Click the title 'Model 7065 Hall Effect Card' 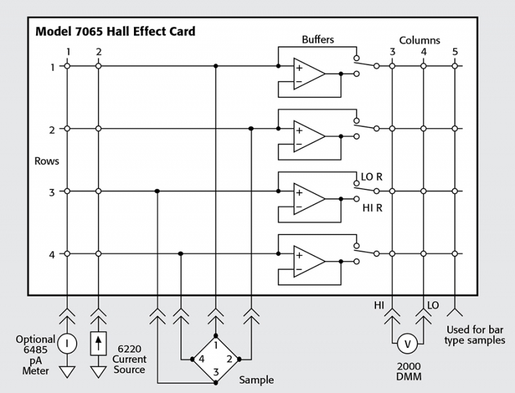click(x=115, y=31)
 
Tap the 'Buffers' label click(x=318, y=40)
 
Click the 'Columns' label click(x=420, y=40)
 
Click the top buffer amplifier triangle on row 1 click(x=307, y=73)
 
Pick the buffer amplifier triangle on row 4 click(x=307, y=262)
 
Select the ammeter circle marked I click(x=67, y=343)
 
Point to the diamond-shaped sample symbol click(x=215, y=359)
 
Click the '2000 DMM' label click(x=407, y=371)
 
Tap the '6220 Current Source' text click(x=129, y=359)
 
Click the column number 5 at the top click(x=454, y=52)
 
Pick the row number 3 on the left click(x=52, y=191)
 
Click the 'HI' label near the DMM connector click(x=379, y=303)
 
